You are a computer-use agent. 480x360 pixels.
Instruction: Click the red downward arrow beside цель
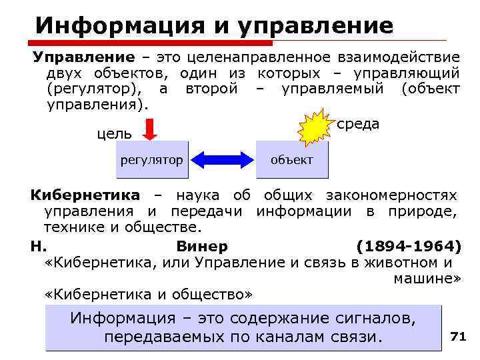pos(150,129)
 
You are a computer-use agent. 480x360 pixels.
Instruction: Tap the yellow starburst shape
pos(315,129)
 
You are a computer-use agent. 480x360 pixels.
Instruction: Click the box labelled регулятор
pos(151,160)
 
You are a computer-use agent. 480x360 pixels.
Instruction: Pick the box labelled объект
pos(291,160)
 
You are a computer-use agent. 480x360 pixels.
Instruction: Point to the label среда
pos(359,125)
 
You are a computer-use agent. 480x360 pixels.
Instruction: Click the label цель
pos(115,134)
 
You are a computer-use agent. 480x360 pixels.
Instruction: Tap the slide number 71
pos(457,337)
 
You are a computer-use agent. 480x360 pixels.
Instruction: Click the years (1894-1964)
pos(408,245)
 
